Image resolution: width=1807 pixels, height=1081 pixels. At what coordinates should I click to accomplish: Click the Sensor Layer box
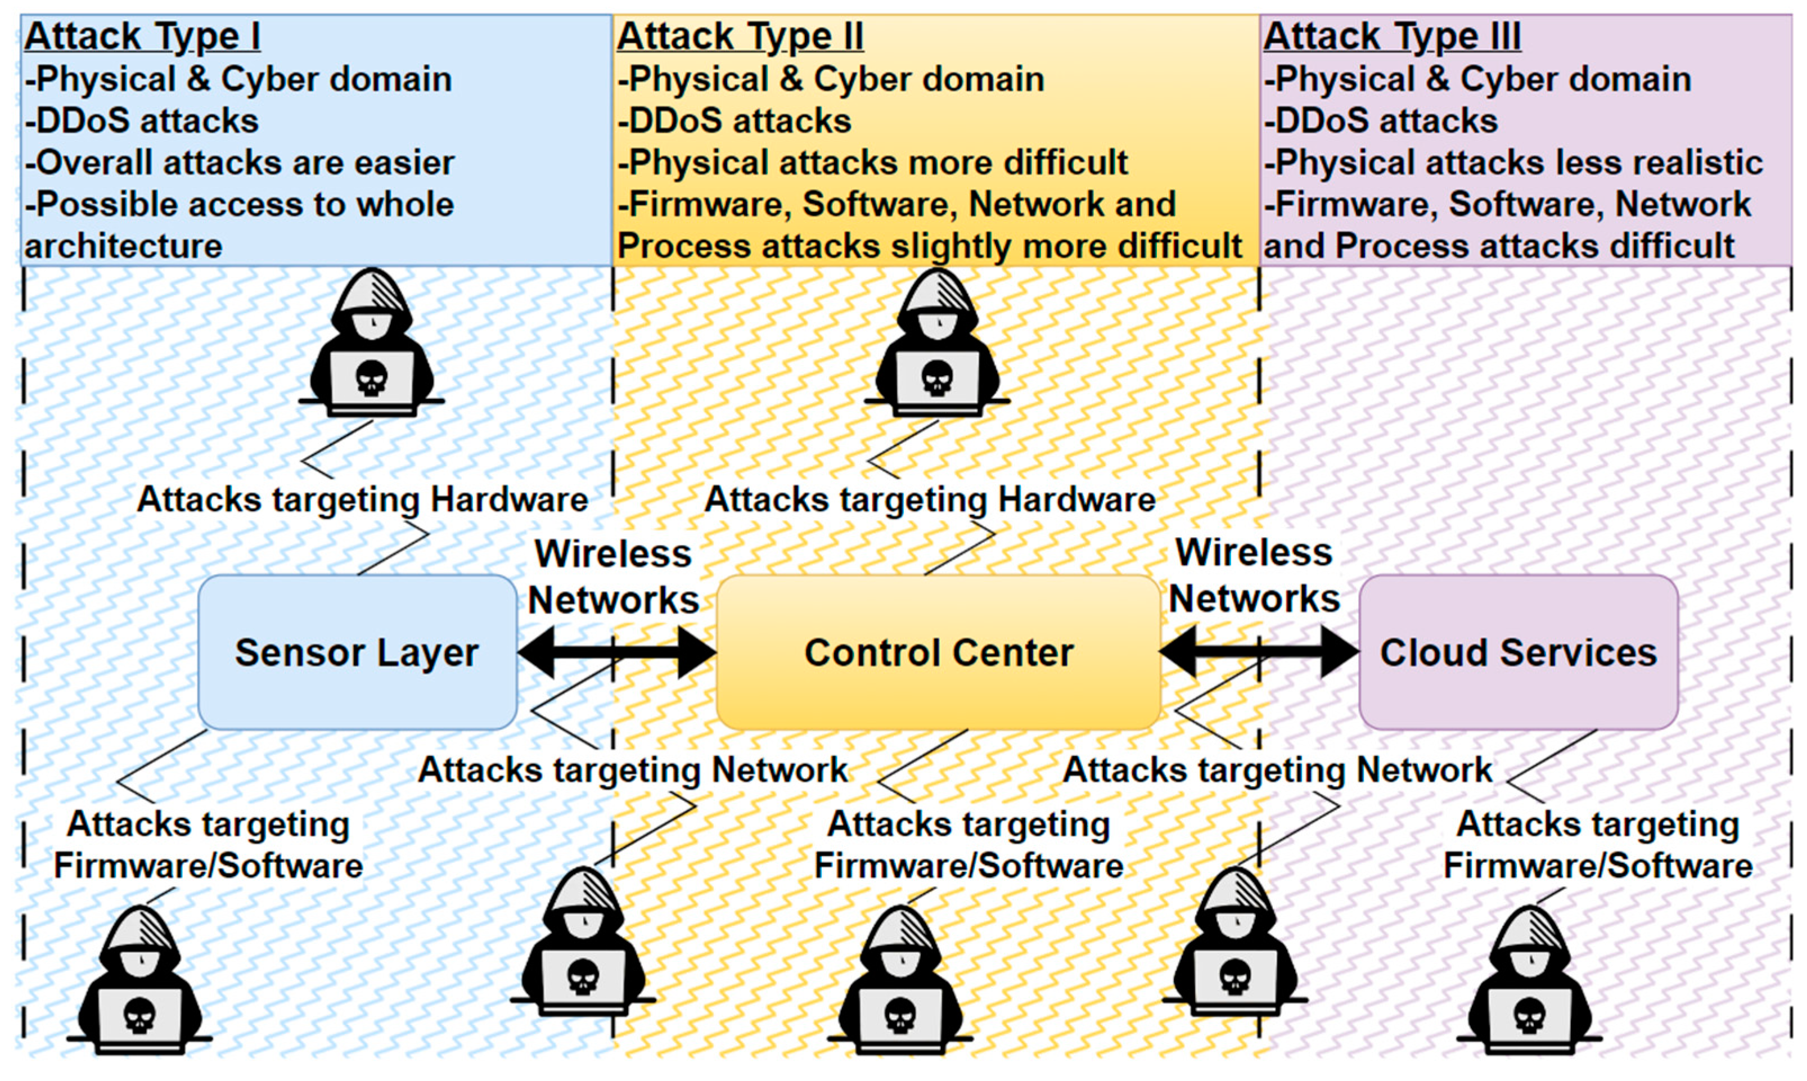tap(357, 652)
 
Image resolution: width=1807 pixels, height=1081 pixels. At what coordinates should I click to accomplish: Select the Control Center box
tap(938, 652)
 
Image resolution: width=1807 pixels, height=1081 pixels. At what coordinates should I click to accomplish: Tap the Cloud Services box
tap(1518, 652)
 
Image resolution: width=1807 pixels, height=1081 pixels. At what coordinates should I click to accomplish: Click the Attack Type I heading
tap(143, 37)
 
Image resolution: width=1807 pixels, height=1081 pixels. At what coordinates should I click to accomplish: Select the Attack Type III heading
tap(1392, 37)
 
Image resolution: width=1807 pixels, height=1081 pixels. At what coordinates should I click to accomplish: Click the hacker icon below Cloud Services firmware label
tap(1530, 980)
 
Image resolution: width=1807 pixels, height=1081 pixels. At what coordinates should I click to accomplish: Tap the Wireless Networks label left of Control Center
tap(613, 577)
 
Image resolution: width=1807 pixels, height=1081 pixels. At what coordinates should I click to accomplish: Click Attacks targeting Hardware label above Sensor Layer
tap(363, 499)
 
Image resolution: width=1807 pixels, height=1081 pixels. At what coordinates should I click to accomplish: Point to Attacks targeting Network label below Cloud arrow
tap(1278, 770)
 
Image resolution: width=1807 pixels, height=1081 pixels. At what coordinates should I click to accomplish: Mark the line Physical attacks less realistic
tap(1513, 163)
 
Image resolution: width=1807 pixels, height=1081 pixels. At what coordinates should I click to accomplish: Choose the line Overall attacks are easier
tap(240, 163)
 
